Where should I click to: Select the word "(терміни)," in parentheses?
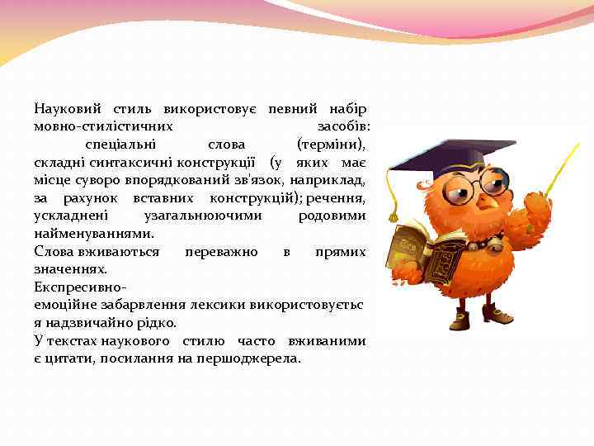tap(332, 144)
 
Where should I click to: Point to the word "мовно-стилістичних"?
tap(103, 126)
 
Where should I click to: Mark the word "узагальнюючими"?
tap(203, 216)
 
